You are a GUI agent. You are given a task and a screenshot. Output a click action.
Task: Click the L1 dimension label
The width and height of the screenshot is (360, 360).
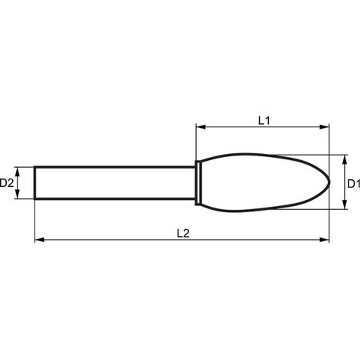coord(264,120)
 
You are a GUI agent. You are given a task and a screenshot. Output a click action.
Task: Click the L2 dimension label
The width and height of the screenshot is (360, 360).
coord(183,234)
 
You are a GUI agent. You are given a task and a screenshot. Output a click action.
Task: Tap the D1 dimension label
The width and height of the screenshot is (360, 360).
coord(354,184)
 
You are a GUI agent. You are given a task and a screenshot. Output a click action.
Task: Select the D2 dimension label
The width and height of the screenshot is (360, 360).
coord(6,183)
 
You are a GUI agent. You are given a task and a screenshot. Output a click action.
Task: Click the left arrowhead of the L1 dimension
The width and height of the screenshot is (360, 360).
coord(201,126)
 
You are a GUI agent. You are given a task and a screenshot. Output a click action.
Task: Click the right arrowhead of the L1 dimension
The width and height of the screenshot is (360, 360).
coord(324,126)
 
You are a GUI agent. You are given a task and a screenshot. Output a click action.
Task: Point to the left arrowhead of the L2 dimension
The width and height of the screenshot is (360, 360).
coord(40,240)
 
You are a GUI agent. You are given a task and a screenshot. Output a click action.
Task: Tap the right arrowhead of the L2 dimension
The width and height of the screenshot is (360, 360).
coord(324,240)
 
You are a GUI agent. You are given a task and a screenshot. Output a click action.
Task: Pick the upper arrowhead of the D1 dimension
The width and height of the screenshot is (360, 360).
coord(345,159)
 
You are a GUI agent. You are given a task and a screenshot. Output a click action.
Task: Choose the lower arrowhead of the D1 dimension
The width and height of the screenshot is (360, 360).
coord(345,205)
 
